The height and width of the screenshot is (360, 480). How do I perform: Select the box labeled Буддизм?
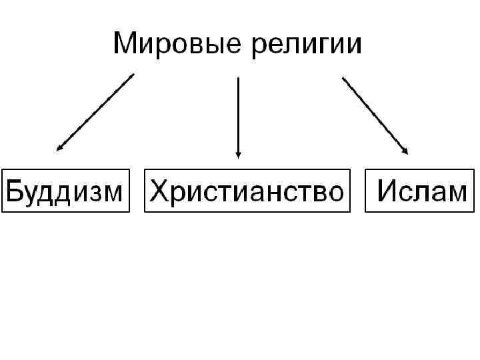pos(65,191)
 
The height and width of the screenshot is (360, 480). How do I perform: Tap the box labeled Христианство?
pos(247,191)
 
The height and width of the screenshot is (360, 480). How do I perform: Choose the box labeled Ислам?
pos(420,191)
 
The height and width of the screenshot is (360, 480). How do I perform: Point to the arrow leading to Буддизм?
pos(95,113)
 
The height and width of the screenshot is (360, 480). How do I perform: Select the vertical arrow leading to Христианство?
pos(238,117)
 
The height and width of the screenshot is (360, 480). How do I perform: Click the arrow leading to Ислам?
pos(375,115)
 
